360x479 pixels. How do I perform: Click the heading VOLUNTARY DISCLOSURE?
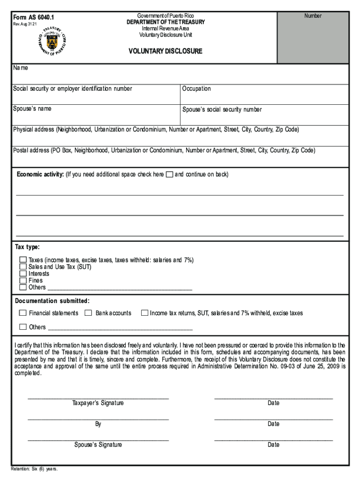coord(166,51)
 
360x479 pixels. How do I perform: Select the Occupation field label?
coord(197,89)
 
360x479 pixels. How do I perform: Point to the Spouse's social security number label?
coord(223,109)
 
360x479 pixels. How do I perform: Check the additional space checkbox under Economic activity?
coord(169,174)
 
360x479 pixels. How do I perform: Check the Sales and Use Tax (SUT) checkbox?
coord(23,267)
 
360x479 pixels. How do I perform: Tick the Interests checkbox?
coord(23,274)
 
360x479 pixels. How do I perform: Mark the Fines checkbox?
coord(23,281)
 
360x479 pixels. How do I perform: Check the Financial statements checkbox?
coord(23,313)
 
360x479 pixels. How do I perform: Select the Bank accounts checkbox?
coord(88,313)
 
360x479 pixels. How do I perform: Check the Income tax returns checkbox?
coord(144,313)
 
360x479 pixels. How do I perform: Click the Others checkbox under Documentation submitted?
coord(23,327)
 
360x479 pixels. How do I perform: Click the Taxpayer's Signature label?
coord(98,403)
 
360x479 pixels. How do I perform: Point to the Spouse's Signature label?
coord(98,445)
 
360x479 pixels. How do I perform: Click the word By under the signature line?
coord(98,424)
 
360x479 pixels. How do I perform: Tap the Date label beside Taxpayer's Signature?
coord(274,403)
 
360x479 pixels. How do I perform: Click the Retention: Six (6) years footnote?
coord(35,469)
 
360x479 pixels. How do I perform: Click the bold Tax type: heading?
coord(28,247)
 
